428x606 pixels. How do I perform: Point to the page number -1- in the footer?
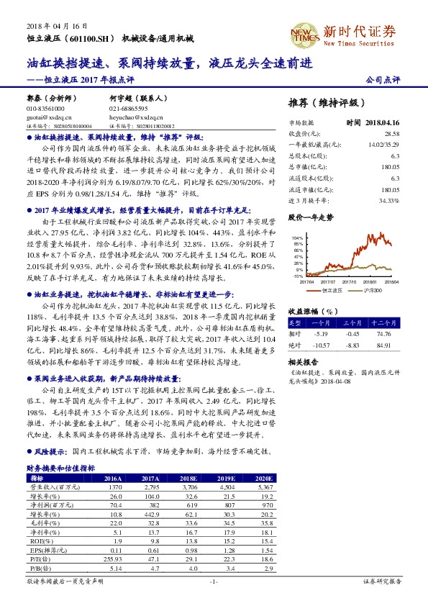[x=213, y=580]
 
